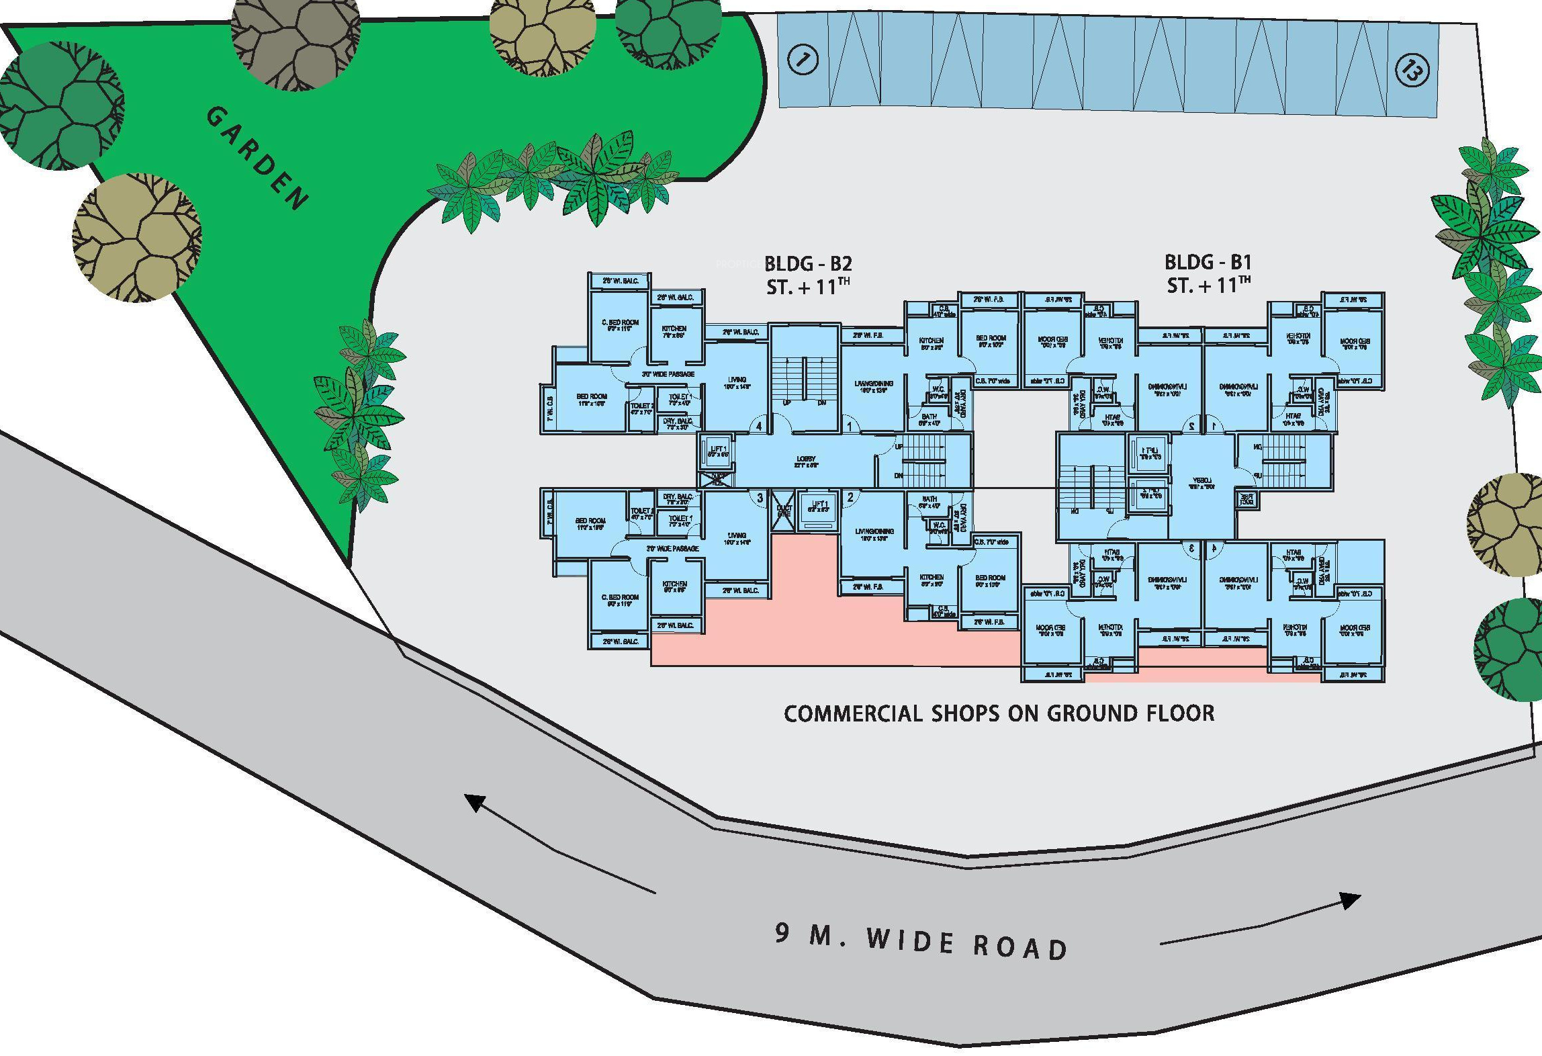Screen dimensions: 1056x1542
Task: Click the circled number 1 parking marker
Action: click(802, 60)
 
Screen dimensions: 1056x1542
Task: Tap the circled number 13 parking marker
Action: click(1412, 69)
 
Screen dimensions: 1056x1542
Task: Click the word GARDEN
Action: click(257, 159)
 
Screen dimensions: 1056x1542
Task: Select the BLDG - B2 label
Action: click(808, 263)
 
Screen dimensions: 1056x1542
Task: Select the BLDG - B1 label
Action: click(1208, 261)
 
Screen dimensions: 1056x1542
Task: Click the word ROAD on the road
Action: click(1020, 948)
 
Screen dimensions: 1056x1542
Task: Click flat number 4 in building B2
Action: click(760, 426)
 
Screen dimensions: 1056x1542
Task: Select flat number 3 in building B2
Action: click(760, 498)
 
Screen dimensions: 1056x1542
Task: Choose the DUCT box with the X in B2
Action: click(784, 510)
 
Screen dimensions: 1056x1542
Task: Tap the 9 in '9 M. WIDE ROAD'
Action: click(782, 933)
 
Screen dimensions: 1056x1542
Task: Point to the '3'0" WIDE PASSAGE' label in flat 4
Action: click(668, 374)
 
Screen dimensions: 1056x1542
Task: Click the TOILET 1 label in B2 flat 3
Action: click(680, 521)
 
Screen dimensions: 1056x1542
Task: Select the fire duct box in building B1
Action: click(1246, 499)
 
